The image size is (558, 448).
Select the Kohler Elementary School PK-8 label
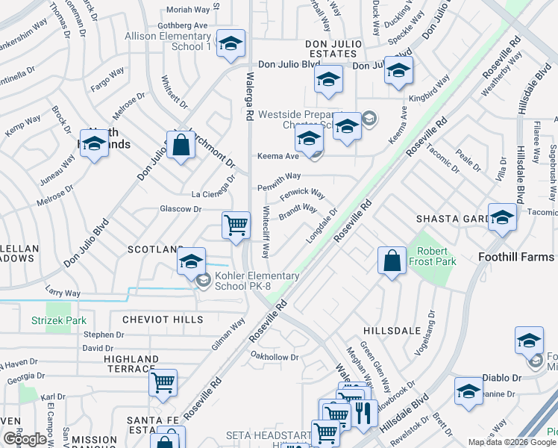point(257,281)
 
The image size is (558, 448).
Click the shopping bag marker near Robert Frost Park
point(392,261)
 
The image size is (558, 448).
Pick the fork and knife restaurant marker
point(363,412)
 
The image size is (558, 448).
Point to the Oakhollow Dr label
point(275,357)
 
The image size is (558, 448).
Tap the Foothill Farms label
point(515,257)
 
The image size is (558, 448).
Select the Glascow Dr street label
point(181,209)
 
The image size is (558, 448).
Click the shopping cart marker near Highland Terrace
point(163,382)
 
